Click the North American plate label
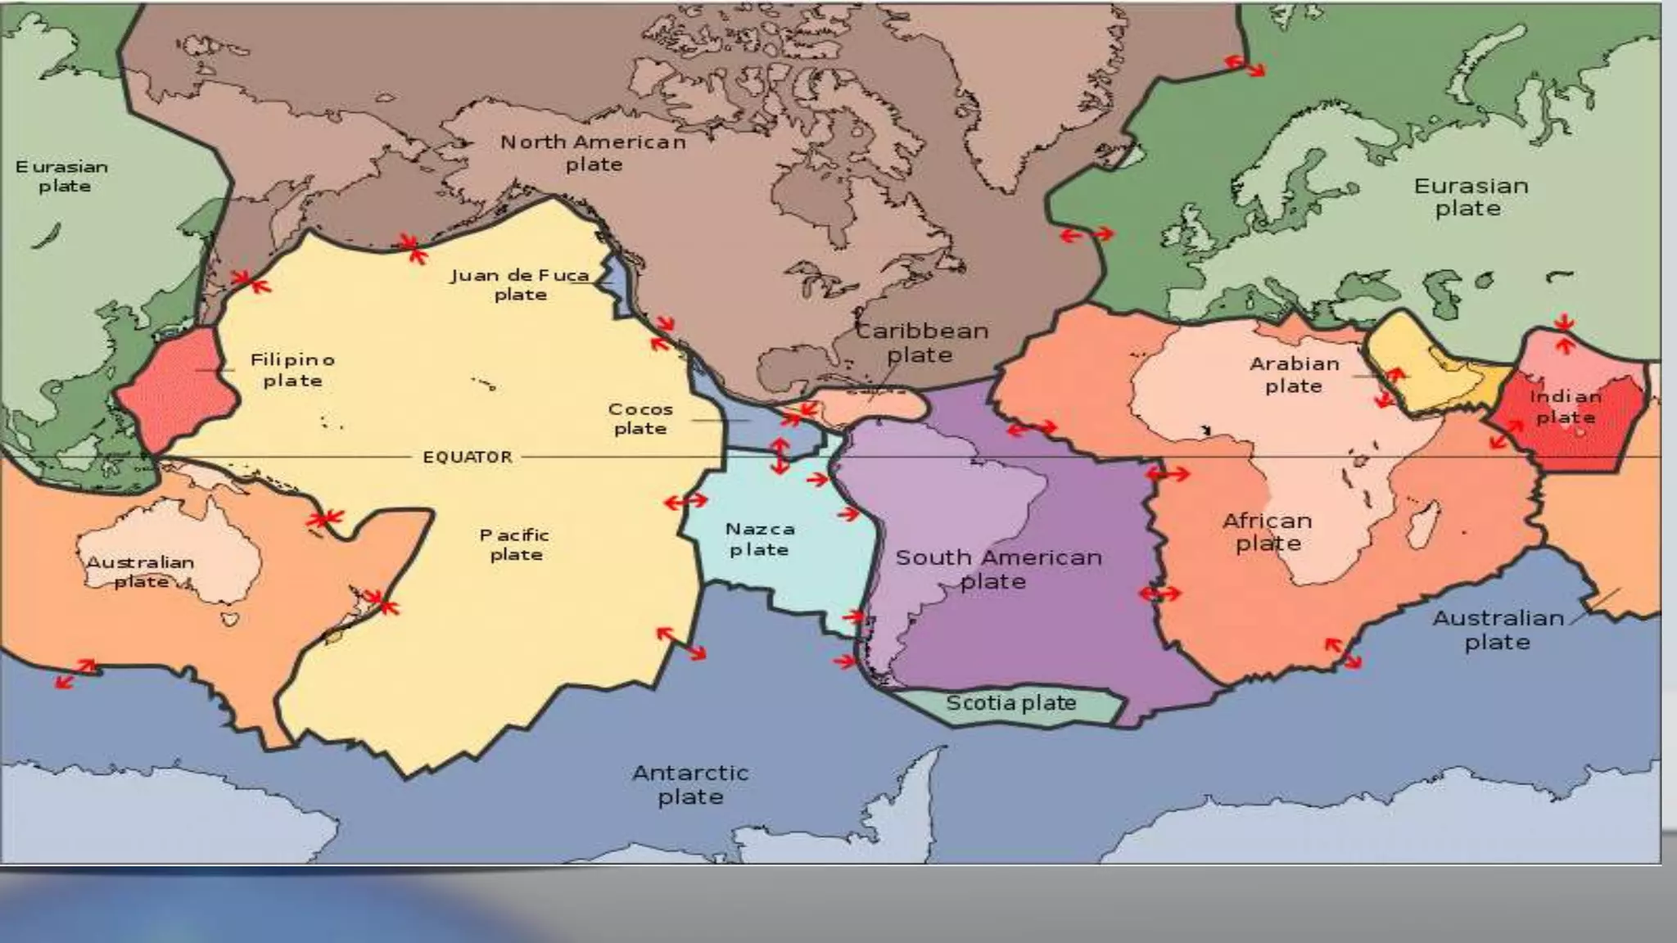594,153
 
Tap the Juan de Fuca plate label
520,285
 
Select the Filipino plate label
292,370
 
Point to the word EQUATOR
468,457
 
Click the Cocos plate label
640,418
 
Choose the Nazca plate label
759,539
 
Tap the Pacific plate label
515,544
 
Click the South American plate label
997,569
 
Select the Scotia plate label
1010,703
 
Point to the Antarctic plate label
690,784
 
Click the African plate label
1267,532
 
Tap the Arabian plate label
1295,374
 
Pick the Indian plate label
1565,407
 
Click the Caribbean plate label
921,342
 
